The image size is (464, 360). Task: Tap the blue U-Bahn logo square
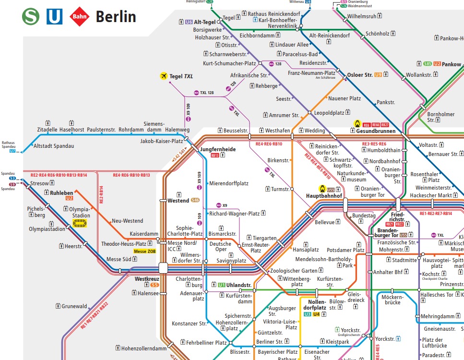pyautogui.click(x=54, y=17)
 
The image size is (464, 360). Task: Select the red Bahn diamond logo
pyautogui.click(x=79, y=17)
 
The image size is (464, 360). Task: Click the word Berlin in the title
pyautogui.click(x=116, y=17)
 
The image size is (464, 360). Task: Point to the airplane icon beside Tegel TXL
pyautogui.click(x=164, y=76)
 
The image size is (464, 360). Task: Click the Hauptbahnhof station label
pyautogui.click(x=324, y=196)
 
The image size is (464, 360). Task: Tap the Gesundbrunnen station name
pyautogui.click(x=376, y=131)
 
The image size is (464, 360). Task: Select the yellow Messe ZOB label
pyautogui.click(x=145, y=252)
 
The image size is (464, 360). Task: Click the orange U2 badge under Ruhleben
pyautogui.click(x=69, y=198)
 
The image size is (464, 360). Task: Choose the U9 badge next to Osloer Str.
pyautogui.click(x=378, y=75)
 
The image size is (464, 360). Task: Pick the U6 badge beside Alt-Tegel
pyautogui.click(x=189, y=22)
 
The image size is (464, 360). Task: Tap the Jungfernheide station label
pyautogui.click(x=218, y=149)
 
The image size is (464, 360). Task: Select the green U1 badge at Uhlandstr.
pyautogui.click(x=221, y=285)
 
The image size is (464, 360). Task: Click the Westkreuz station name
pyautogui.click(x=146, y=279)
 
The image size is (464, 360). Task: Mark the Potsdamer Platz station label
pyautogui.click(x=345, y=250)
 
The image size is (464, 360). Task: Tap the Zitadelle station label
pyautogui.click(x=47, y=130)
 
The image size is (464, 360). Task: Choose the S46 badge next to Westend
pyautogui.click(x=195, y=200)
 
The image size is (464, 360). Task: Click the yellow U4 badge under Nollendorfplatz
pyautogui.click(x=316, y=314)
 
